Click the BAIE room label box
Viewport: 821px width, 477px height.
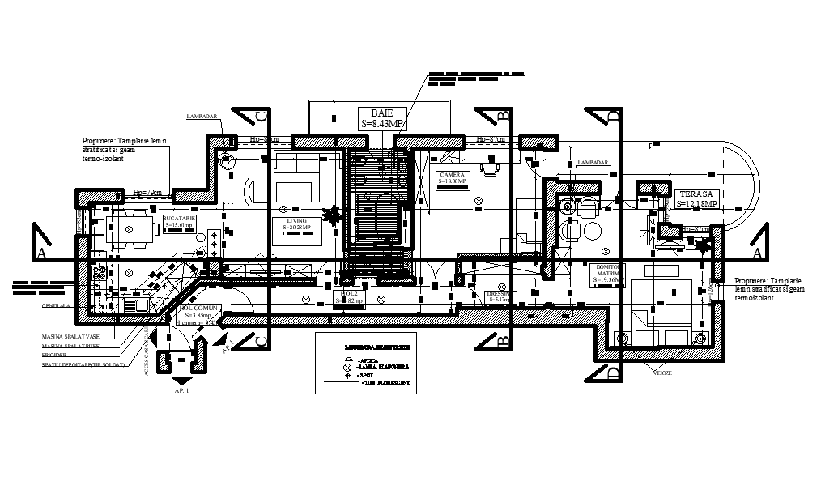(x=382, y=117)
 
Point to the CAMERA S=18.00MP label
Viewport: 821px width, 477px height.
(x=453, y=178)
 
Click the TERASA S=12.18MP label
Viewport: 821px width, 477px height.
(x=697, y=198)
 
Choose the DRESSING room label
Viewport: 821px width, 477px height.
(x=497, y=296)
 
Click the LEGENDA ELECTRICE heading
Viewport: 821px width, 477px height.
(x=376, y=347)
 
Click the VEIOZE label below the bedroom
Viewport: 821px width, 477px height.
(x=663, y=373)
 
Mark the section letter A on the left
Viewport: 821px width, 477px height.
(x=39, y=253)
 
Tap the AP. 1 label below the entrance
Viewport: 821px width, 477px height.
(x=181, y=390)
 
